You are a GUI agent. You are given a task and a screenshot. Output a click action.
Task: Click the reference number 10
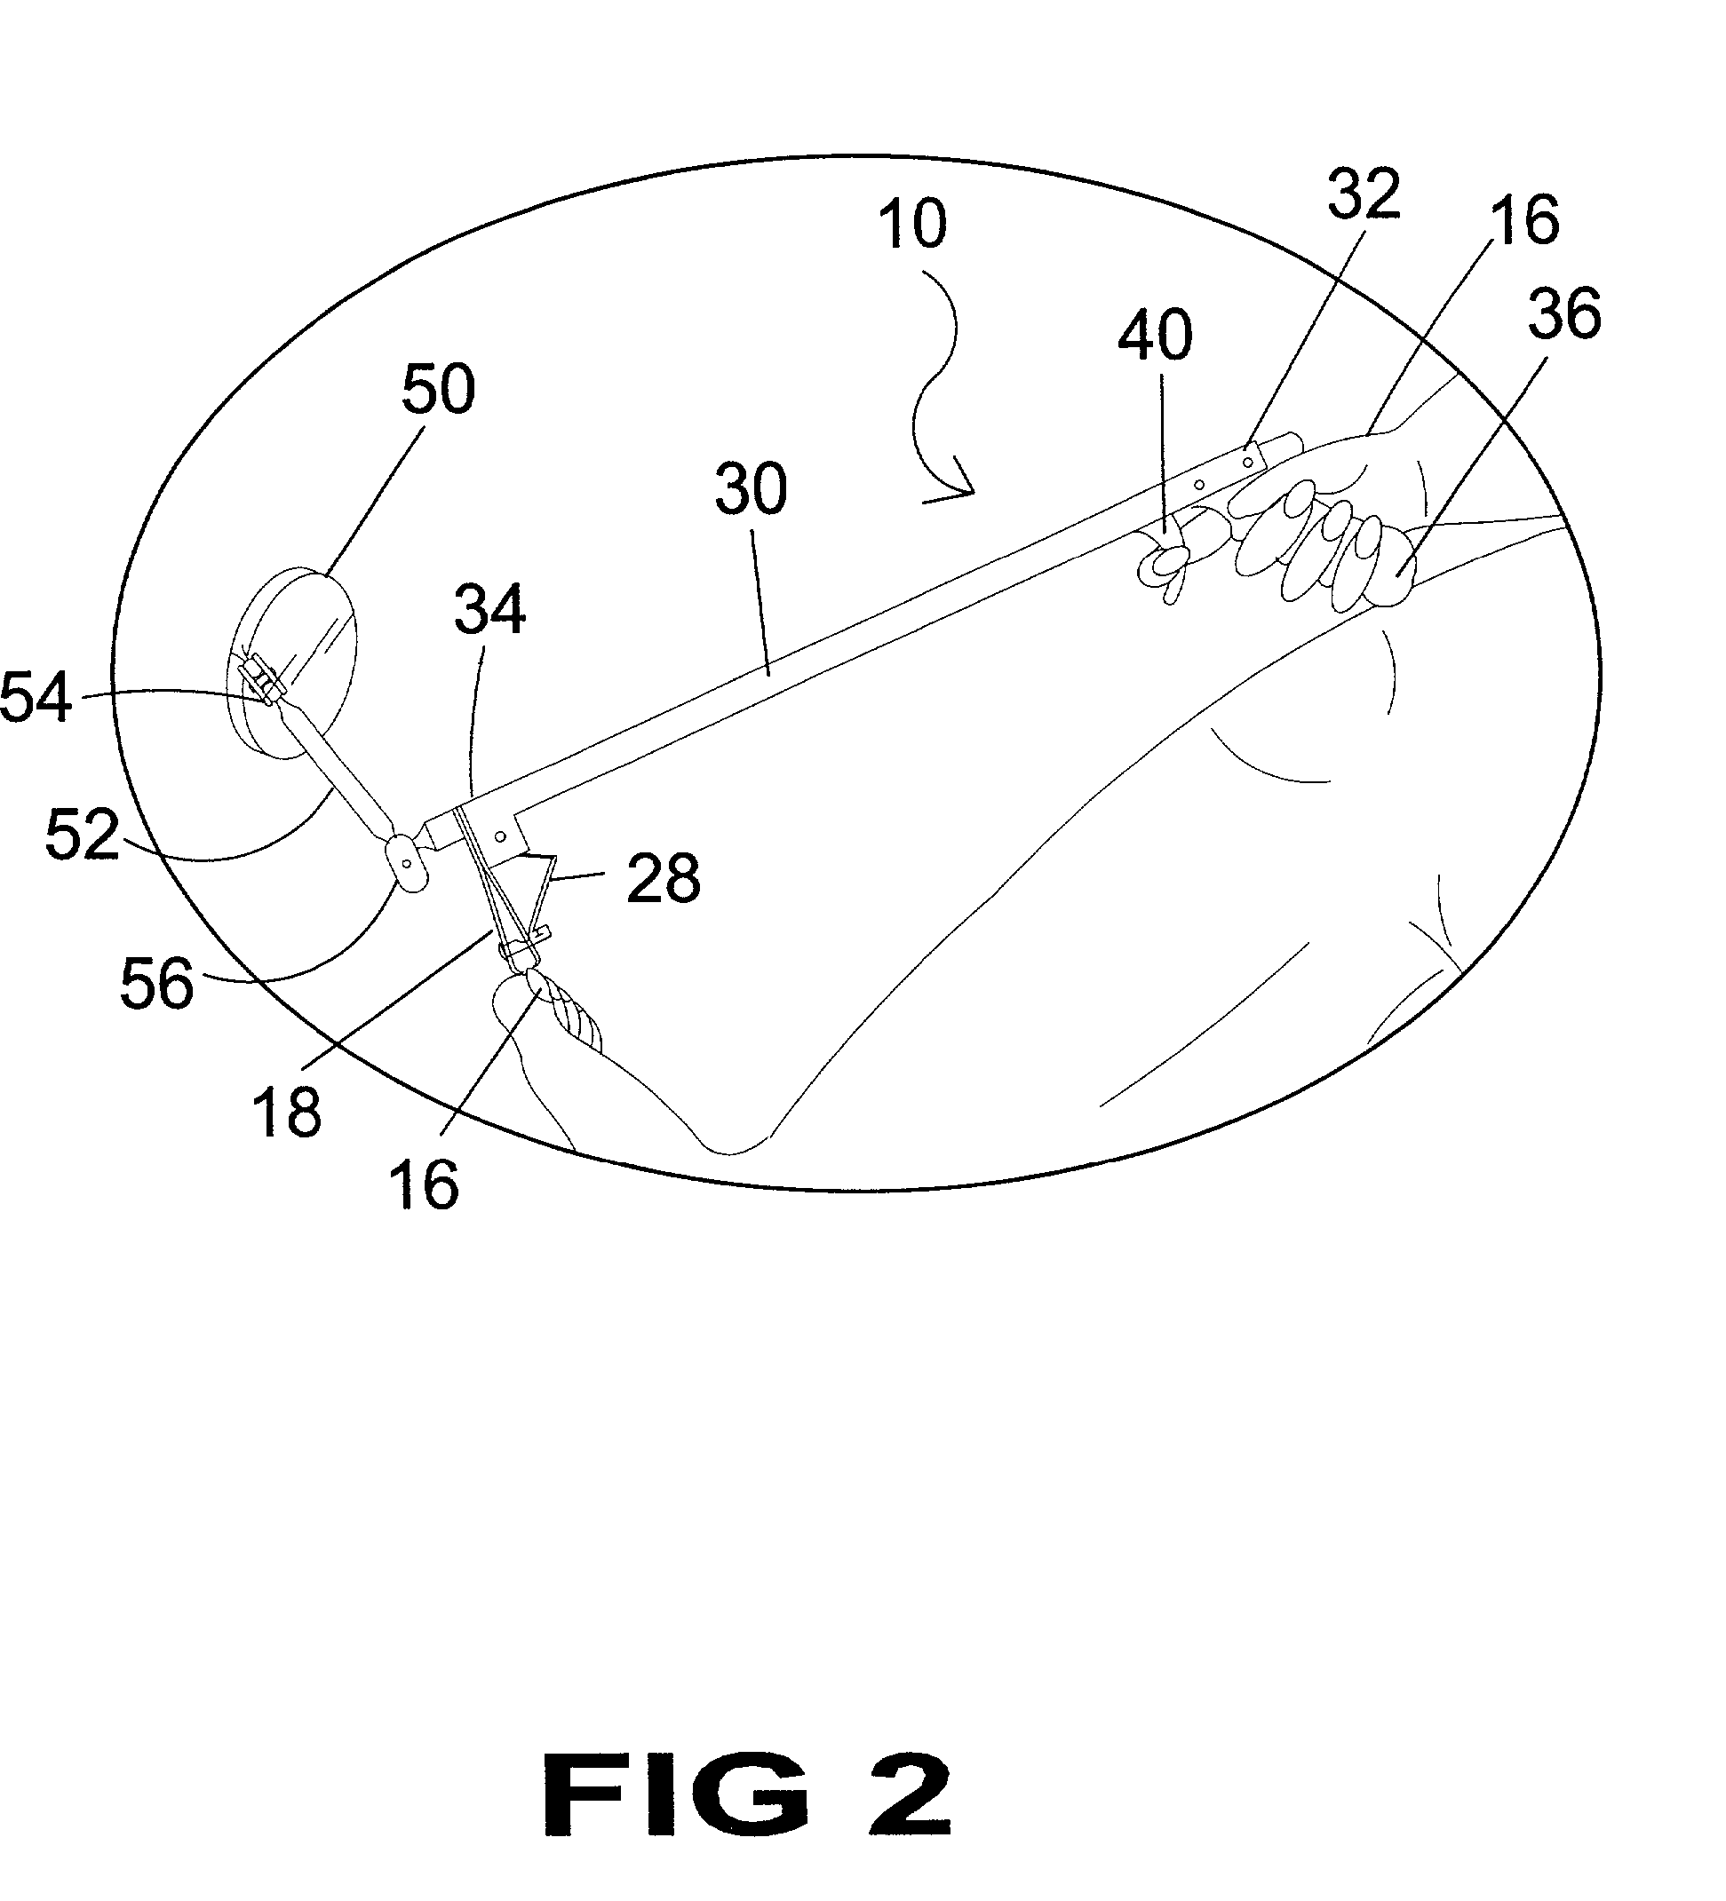tap(912, 226)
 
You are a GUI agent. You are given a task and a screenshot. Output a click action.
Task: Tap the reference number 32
tap(1364, 195)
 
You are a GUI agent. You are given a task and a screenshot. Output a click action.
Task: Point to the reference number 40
tap(1155, 336)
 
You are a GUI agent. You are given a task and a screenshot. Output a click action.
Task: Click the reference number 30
tap(750, 490)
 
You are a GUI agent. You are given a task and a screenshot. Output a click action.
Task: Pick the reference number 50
tap(438, 389)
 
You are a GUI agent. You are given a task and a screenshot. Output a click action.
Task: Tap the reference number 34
tap(489, 610)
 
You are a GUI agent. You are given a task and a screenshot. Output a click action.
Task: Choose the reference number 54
tap(35, 699)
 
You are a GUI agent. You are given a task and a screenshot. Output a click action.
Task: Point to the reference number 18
tap(287, 1113)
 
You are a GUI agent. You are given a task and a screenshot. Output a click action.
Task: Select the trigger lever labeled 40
tap(1170, 562)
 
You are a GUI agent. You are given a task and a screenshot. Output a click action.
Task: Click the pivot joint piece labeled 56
tap(408, 864)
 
